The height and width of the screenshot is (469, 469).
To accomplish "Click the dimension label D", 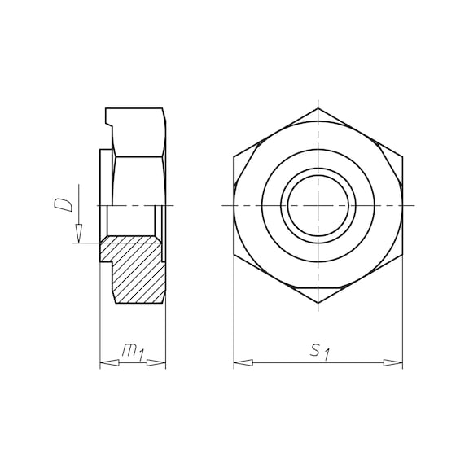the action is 64,204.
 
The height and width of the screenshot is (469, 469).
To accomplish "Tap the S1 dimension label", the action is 320,352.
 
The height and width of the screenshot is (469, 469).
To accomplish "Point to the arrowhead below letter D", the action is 79,234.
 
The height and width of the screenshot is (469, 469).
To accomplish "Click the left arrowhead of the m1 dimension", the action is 109,363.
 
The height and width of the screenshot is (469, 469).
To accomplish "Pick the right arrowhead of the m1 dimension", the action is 156,363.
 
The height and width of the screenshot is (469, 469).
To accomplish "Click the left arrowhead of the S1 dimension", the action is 243,363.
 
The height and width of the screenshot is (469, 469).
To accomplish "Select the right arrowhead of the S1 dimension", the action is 393,363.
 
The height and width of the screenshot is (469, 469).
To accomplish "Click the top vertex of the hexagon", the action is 318,108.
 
